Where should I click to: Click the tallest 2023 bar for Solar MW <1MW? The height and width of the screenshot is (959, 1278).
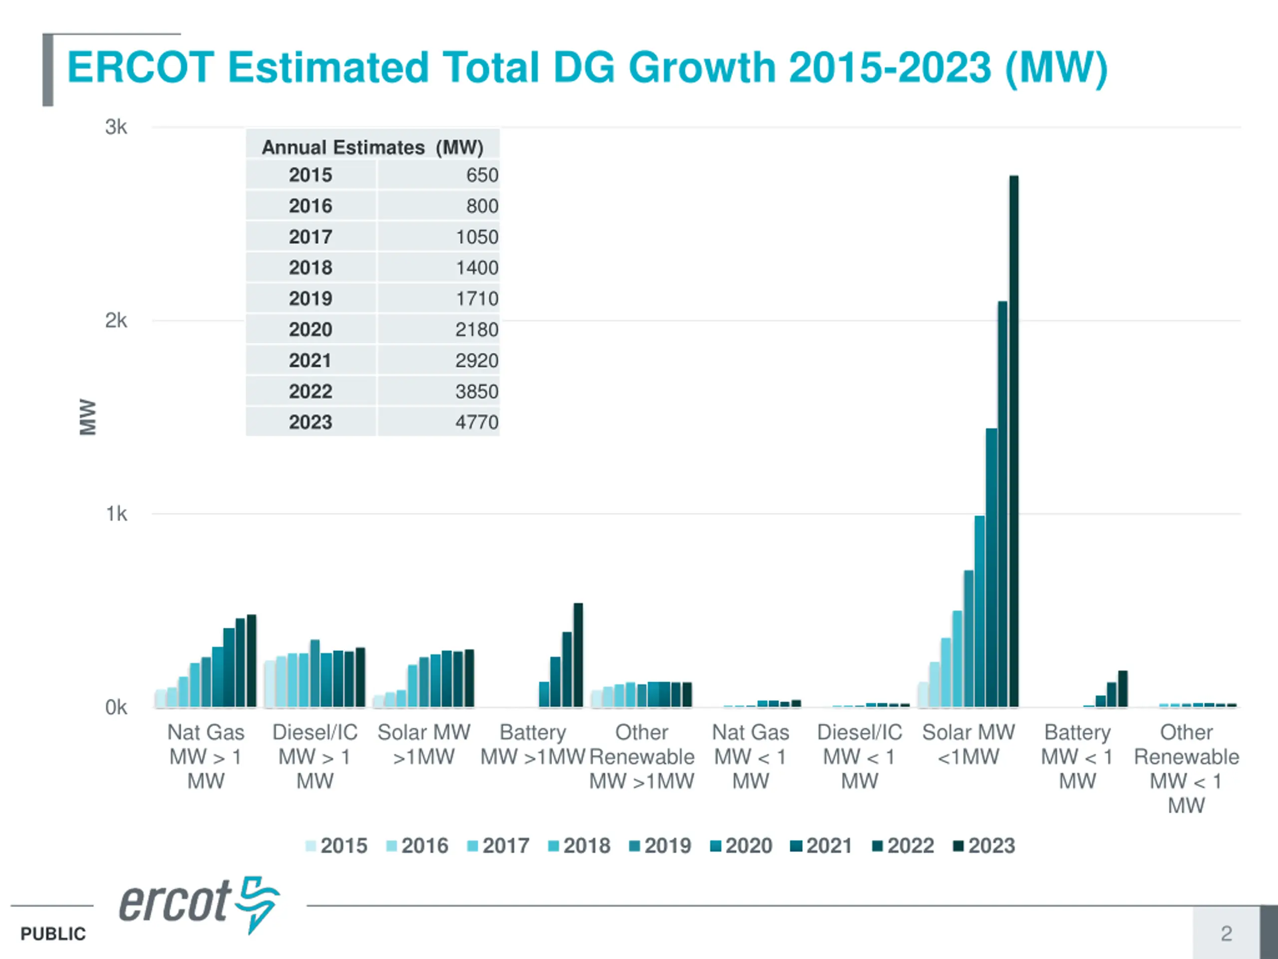click(1014, 440)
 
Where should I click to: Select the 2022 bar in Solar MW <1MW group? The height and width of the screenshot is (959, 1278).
click(1002, 503)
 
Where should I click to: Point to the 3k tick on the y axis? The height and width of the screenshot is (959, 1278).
click(116, 127)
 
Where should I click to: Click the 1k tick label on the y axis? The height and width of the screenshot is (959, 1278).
click(116, 514)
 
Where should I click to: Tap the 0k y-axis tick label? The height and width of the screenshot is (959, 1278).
click(116, 707)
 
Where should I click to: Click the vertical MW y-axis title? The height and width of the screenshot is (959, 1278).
click(88, 417)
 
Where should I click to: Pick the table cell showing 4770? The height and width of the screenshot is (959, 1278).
click(476, 422)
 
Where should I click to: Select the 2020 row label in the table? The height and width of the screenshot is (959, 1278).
click(311, 330)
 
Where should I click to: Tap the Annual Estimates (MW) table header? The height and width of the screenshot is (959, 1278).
click(372, 147)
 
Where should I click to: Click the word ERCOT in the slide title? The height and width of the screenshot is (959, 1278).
click(140, 67)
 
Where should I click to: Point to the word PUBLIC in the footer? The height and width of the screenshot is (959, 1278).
click(53, 934)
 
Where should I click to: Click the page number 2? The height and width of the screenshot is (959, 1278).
click(1226, 933)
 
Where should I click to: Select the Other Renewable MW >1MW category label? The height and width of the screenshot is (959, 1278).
click(642, 756)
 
